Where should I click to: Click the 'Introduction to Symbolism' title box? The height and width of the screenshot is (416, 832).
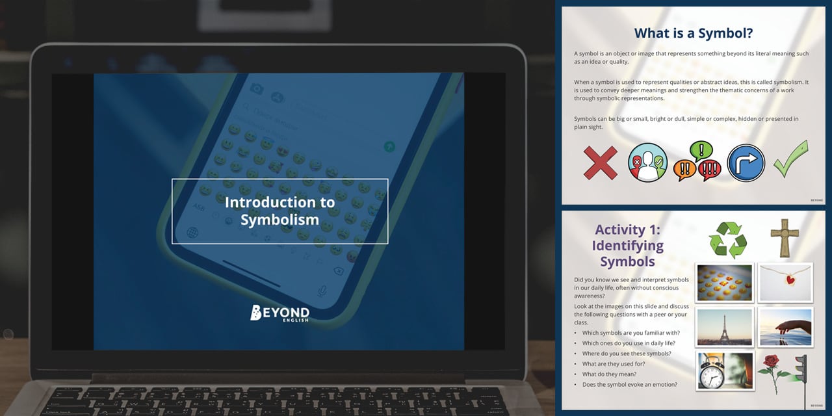click(x=279, y=211)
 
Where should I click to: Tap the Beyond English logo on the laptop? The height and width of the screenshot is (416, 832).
click(x=279, y=313)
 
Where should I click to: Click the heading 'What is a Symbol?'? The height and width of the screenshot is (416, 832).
click(x=693, y=33)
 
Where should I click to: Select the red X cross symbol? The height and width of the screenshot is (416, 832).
click(x=600, y=162)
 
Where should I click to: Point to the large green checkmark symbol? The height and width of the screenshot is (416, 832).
click(x=790, y=159)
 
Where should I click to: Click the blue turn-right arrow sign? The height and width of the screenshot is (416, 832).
click(x=745, y=162)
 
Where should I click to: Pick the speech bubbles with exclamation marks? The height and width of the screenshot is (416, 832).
click(x=697, y=162)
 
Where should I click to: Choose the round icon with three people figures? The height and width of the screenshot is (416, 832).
click(x=647, y=162)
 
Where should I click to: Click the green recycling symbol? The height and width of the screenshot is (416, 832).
click(x=727, y=240)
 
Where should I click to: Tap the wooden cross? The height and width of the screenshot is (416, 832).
click(x=784, y=239)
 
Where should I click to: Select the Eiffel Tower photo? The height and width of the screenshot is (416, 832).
click(x=724, y=327)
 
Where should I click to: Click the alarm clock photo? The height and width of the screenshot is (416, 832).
click(x=724, y=370)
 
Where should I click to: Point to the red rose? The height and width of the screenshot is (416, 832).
click(x=773, y=372)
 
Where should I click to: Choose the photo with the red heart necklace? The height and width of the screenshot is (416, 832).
click(x=785, y=283)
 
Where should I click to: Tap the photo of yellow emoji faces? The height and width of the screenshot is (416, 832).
click(x=724, y=283)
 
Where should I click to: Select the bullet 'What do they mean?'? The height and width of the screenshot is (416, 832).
click(x=609, y=374)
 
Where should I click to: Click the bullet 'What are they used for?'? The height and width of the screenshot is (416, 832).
click(x=613, y=364)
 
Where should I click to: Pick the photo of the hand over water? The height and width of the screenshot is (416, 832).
click(x=785, y=327)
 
